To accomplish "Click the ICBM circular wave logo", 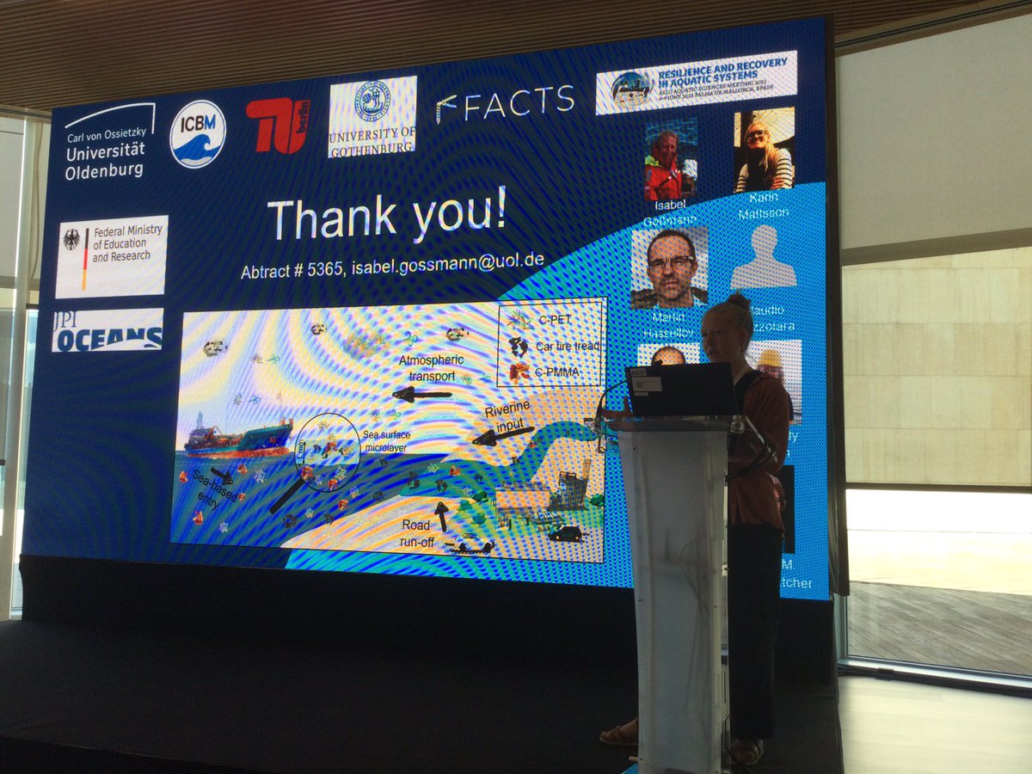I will coord(197,133).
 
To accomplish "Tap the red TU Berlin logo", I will coord(276,126).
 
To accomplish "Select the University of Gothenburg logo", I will coord(372,116).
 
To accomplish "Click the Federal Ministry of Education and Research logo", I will coord(112,255).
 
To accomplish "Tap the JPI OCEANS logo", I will coord(107,329).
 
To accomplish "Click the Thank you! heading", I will coord(387,217).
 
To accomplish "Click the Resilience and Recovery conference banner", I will coord(696,82).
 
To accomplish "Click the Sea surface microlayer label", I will coord(385,440).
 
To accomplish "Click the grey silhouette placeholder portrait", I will coord(763,257).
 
